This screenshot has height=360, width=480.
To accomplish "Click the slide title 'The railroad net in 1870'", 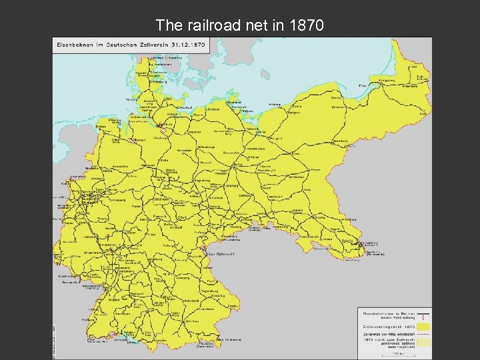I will pos(240,26).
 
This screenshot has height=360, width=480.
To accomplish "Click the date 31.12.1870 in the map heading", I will pos(189,43).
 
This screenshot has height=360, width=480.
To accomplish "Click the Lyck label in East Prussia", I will pos(423,114).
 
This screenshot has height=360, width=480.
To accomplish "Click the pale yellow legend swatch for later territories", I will pos(423,341).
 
